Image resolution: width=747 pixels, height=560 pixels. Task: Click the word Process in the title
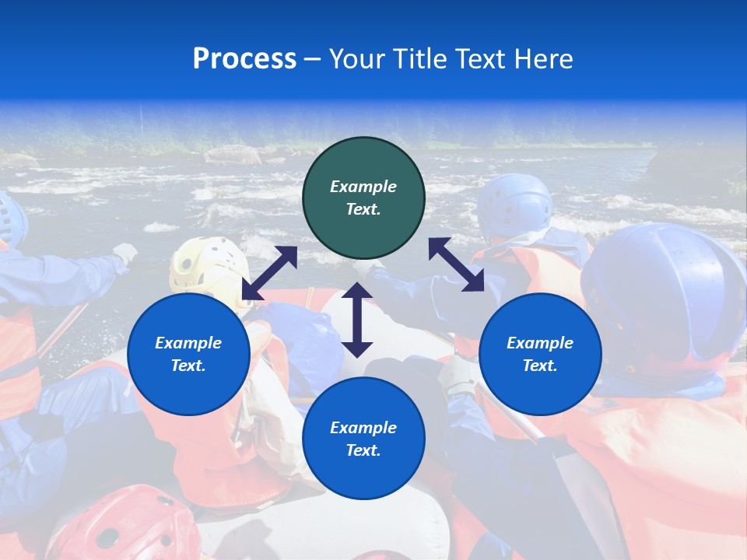[244, 59]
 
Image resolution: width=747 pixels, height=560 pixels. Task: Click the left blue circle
[188, 354]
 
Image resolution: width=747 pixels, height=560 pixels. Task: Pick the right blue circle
[540, 354]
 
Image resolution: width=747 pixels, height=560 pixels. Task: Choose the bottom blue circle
[363, 438]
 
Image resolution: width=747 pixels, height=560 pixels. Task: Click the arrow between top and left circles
[269, 273]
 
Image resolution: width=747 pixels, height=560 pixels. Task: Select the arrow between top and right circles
[456, 264]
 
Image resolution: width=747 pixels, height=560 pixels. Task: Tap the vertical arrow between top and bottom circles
[357, 320]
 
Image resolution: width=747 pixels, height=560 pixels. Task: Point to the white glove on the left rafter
[124, 253]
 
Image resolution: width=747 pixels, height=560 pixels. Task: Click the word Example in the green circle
[363, 187]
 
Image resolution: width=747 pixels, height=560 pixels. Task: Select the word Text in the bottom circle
[362, 450]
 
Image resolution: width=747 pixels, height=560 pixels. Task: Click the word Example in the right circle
[540, 343]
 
